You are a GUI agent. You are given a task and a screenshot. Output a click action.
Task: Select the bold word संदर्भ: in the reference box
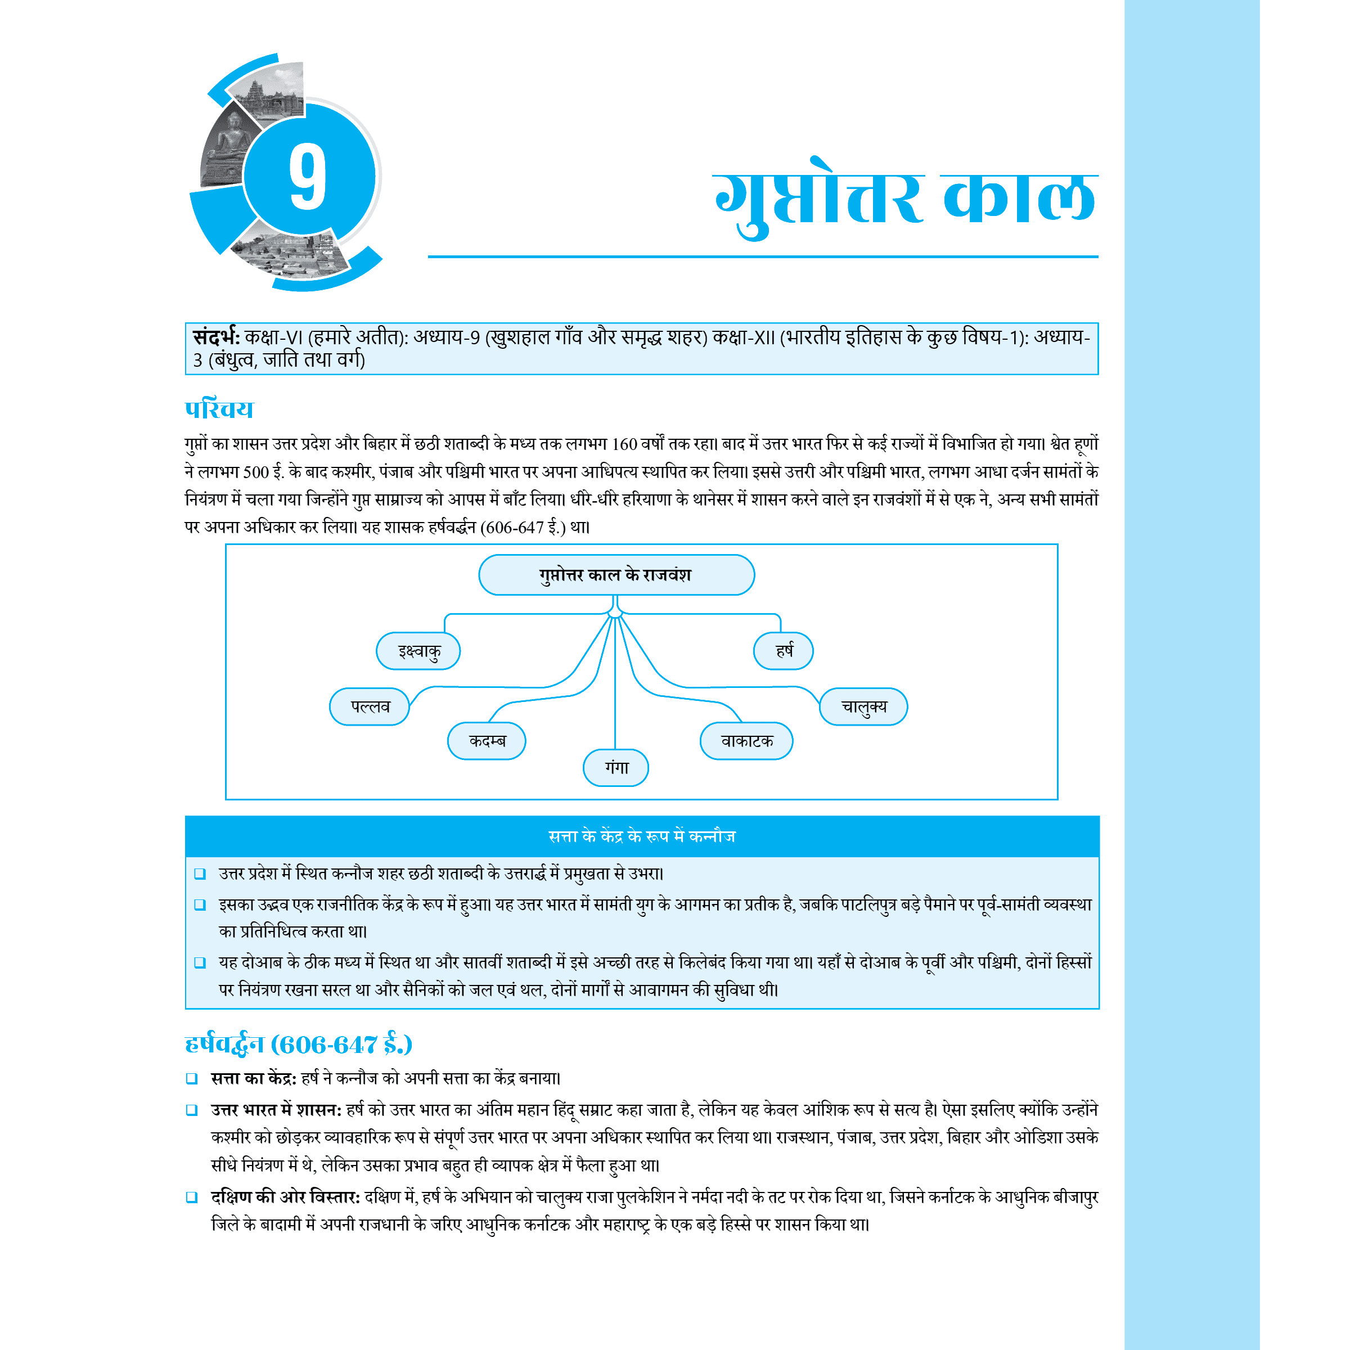coord(217,337)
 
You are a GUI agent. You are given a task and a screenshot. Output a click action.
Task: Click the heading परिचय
coord(219,409)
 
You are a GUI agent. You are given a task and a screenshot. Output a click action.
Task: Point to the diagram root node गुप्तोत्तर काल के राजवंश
coord(615,575)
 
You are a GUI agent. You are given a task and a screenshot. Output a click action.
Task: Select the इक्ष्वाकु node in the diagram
coord(418,651)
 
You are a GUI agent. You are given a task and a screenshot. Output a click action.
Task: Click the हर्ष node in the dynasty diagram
coord(784,651)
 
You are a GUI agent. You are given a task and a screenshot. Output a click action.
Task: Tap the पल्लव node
coord(370,706)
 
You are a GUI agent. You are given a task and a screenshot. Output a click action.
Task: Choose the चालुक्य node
coord(863,706)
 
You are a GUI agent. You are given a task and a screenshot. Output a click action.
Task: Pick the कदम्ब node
coord(487,741)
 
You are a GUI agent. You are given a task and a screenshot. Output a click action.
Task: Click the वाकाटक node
coord(746,741)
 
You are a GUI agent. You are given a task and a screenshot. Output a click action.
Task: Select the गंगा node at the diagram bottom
coord(615,768)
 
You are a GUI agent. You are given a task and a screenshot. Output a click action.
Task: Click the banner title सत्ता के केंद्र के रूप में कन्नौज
coord(641,836)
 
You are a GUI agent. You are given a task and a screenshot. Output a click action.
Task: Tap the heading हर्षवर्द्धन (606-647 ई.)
coord(298,1045)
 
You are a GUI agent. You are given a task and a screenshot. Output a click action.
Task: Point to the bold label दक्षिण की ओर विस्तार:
coord(285,1197)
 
